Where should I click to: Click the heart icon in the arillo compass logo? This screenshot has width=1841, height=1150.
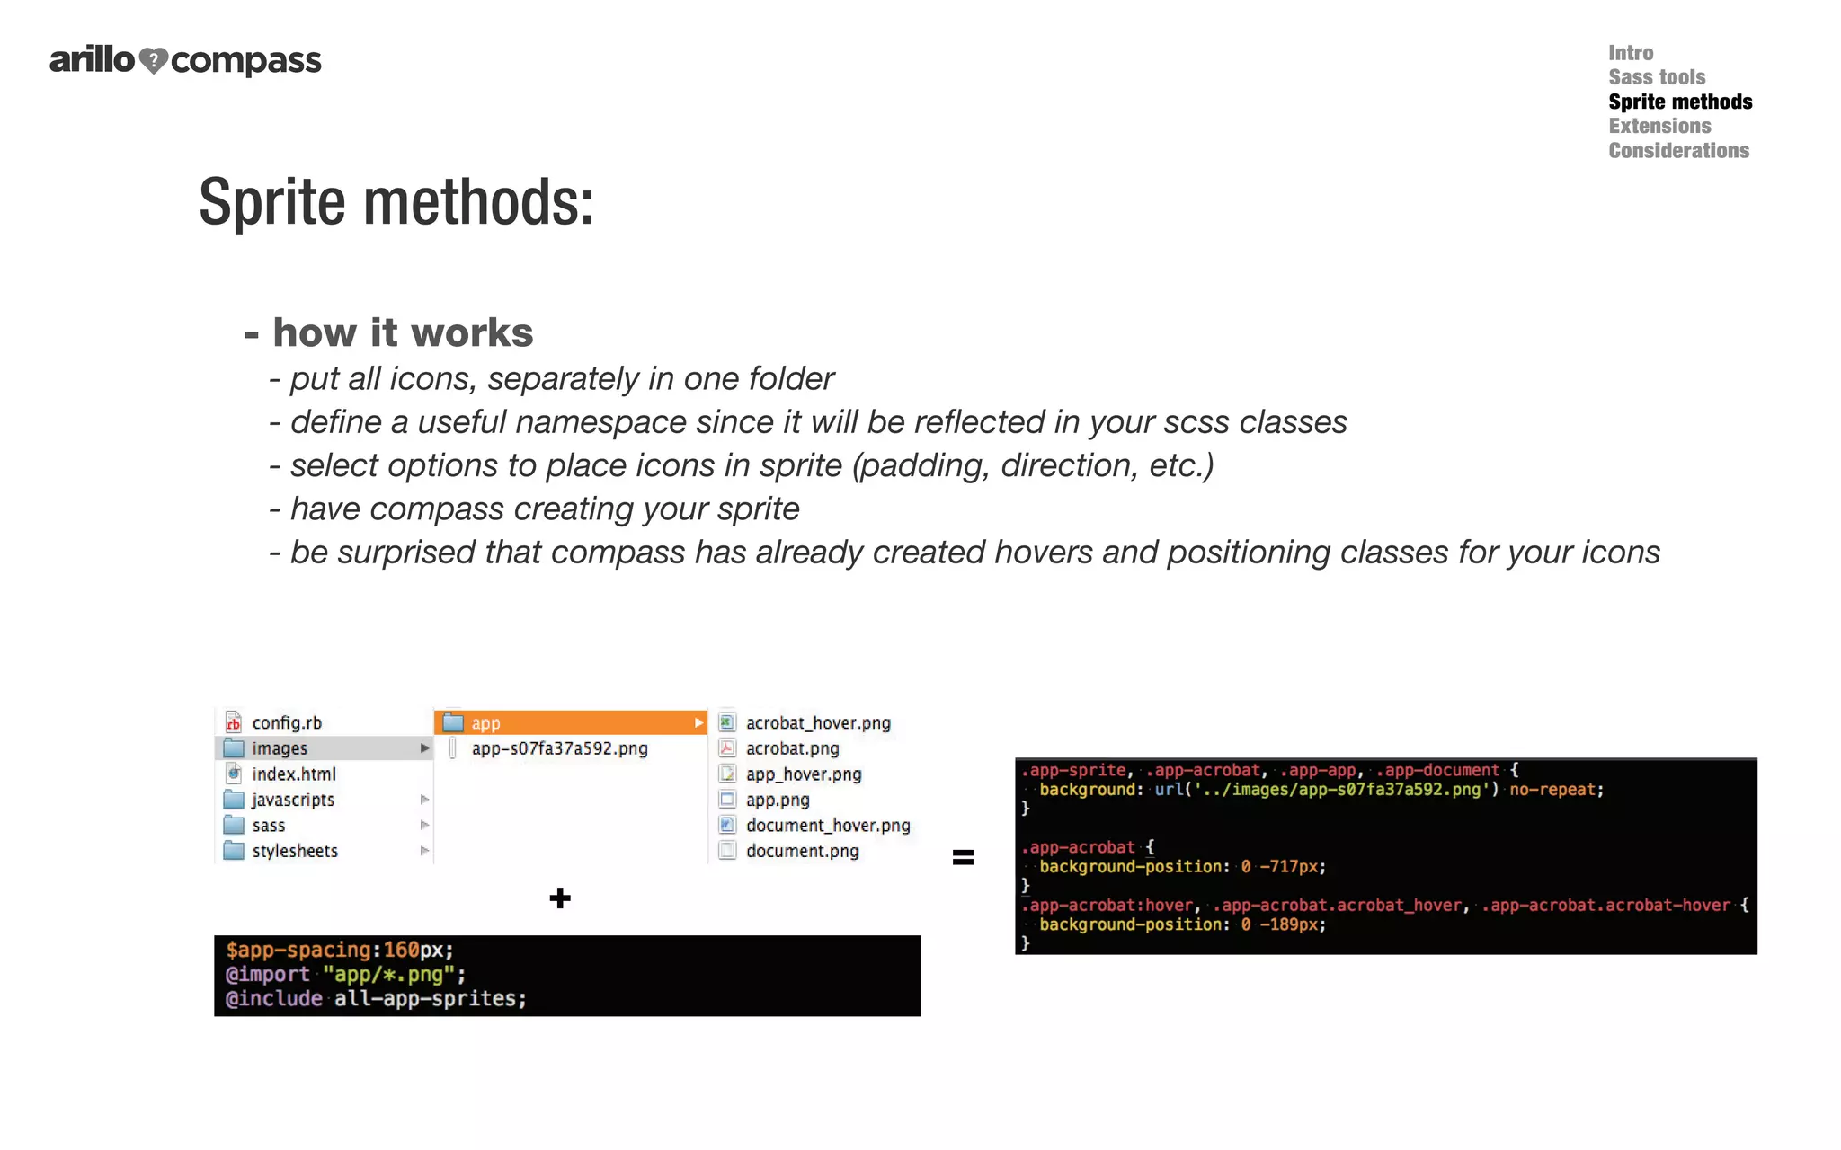(x=154, y=60)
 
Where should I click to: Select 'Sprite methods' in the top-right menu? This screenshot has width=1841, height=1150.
(x=1679, y=102)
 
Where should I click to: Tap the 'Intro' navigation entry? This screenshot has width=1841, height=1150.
(x=1630, y=53)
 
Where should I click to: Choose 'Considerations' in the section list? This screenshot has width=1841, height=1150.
(x=1678, y=151)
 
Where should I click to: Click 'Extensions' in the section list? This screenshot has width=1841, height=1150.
(x=1659, y=127)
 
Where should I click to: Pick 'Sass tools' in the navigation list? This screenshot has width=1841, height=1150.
(x=1656, y=77)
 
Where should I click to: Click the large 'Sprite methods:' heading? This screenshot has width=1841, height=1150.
(x=396, y=202)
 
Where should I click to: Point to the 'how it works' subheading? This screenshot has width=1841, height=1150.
(x=402, y=333)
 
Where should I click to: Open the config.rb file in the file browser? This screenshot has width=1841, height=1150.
(x=286, y=723)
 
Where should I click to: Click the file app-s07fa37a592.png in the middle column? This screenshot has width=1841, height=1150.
(x=559, y=748)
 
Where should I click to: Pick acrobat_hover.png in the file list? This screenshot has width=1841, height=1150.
(x=817, y=723)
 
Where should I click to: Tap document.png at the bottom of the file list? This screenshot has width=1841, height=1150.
(x=802, y=851)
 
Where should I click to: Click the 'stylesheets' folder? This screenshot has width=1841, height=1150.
(x=294, y=851)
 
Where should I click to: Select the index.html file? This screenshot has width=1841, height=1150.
(x=293, y=774)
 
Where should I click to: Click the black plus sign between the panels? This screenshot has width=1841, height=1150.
(x=560, y=898)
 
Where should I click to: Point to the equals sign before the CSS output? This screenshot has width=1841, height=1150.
(x=963, y=857)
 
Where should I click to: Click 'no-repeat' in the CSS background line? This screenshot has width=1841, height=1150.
(x=1552, y=790)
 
